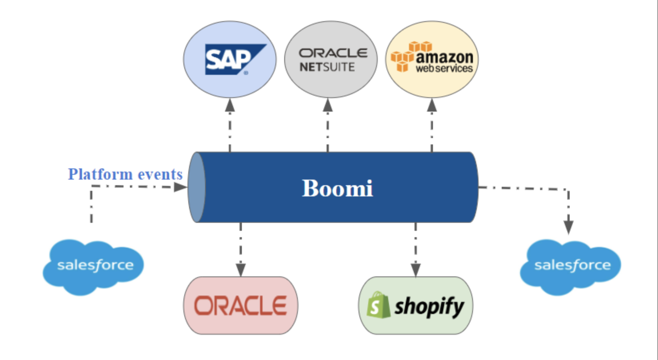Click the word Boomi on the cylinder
pos(337,188)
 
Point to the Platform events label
pos(125,174)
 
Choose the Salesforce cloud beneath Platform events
pos(94,266)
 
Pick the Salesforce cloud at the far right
pos(571,266)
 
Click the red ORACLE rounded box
pos(241,305)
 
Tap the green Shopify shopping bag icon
pos(377,305)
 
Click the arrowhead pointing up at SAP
pos(230,106)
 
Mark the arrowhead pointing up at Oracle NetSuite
pos(328,106)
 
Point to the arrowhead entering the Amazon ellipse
pos(432,106)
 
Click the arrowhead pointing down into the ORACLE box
pos(241,270)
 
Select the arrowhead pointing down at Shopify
pos(416,270)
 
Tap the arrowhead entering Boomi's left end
pos(181,187)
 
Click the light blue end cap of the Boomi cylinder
pos(196,187)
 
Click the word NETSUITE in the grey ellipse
pos(327,67)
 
